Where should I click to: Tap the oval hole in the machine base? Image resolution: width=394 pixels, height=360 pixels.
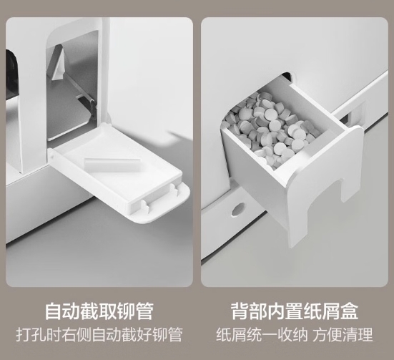(x=237, y=209)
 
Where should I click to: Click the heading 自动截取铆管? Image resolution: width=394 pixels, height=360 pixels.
(x=99, y=311)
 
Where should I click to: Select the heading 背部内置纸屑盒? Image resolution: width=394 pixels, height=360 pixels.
(x=295, y=311)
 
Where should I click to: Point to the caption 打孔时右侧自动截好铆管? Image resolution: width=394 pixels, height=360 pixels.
(x=99, y=334)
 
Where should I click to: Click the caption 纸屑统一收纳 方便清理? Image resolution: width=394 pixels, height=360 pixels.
(x=295, y=334)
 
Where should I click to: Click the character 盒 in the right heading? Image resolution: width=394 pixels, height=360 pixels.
(x=349, y=311)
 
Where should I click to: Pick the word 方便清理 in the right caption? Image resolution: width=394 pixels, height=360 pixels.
(x=343, y=334)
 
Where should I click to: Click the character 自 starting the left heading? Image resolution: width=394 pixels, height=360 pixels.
(x=54, y=311)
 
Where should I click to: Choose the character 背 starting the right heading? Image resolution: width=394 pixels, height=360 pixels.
(x=240, y=311)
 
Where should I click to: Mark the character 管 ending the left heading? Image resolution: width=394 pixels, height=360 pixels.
(x=144, y=311)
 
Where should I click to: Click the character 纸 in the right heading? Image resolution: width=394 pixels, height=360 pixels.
(x=312, y=311)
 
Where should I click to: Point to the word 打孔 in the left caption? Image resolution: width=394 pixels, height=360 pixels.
(x=31, y=334)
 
